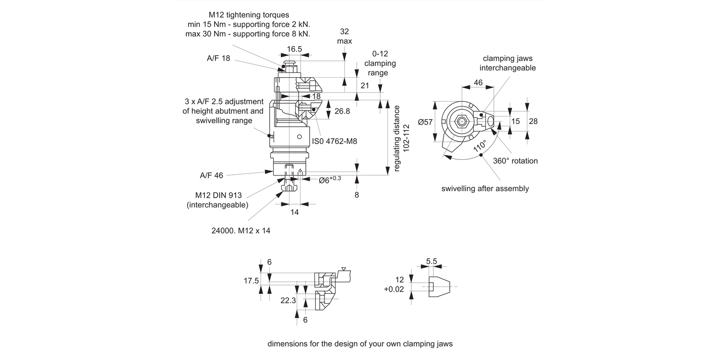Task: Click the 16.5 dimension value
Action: point(294,49)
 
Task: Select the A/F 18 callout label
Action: point(218,58)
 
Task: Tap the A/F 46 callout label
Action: point(211,175)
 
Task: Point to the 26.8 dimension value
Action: point(342,111)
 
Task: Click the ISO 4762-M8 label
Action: point(335,141)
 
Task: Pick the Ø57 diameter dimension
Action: point(425,122)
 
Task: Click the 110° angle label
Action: point(480,146)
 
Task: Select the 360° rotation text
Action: point(516,161)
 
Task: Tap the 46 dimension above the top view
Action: point(478,83)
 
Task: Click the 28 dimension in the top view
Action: point(533,121)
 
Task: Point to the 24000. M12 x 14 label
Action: point(241,230)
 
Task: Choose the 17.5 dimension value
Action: point(252,281)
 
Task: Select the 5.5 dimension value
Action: point(432,262)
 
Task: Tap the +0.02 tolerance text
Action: point(394,289)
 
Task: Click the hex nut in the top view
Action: point(461,122)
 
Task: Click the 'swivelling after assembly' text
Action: point(485,189)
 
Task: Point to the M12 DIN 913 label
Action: point(218,195)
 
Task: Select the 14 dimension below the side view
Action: point(294,212)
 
